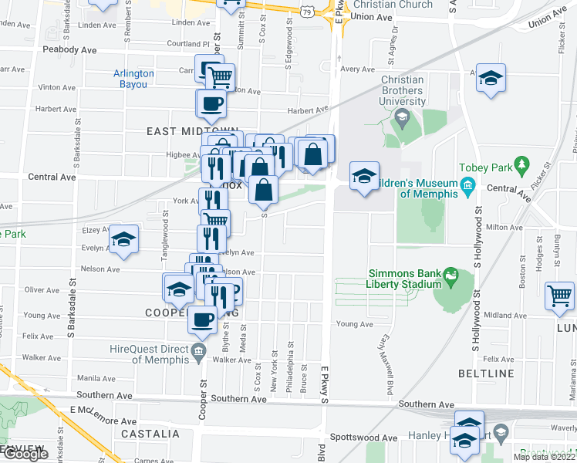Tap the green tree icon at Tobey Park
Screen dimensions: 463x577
522,164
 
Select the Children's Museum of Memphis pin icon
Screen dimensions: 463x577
467,186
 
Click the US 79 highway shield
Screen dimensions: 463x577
308,11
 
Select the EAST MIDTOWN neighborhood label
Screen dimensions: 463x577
183,132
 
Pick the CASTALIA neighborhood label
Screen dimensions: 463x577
150,434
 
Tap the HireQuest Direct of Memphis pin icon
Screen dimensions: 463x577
198,353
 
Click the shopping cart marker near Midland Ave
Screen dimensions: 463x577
559,295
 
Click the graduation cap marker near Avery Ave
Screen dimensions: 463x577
489,77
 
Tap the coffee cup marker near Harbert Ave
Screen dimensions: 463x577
211,103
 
